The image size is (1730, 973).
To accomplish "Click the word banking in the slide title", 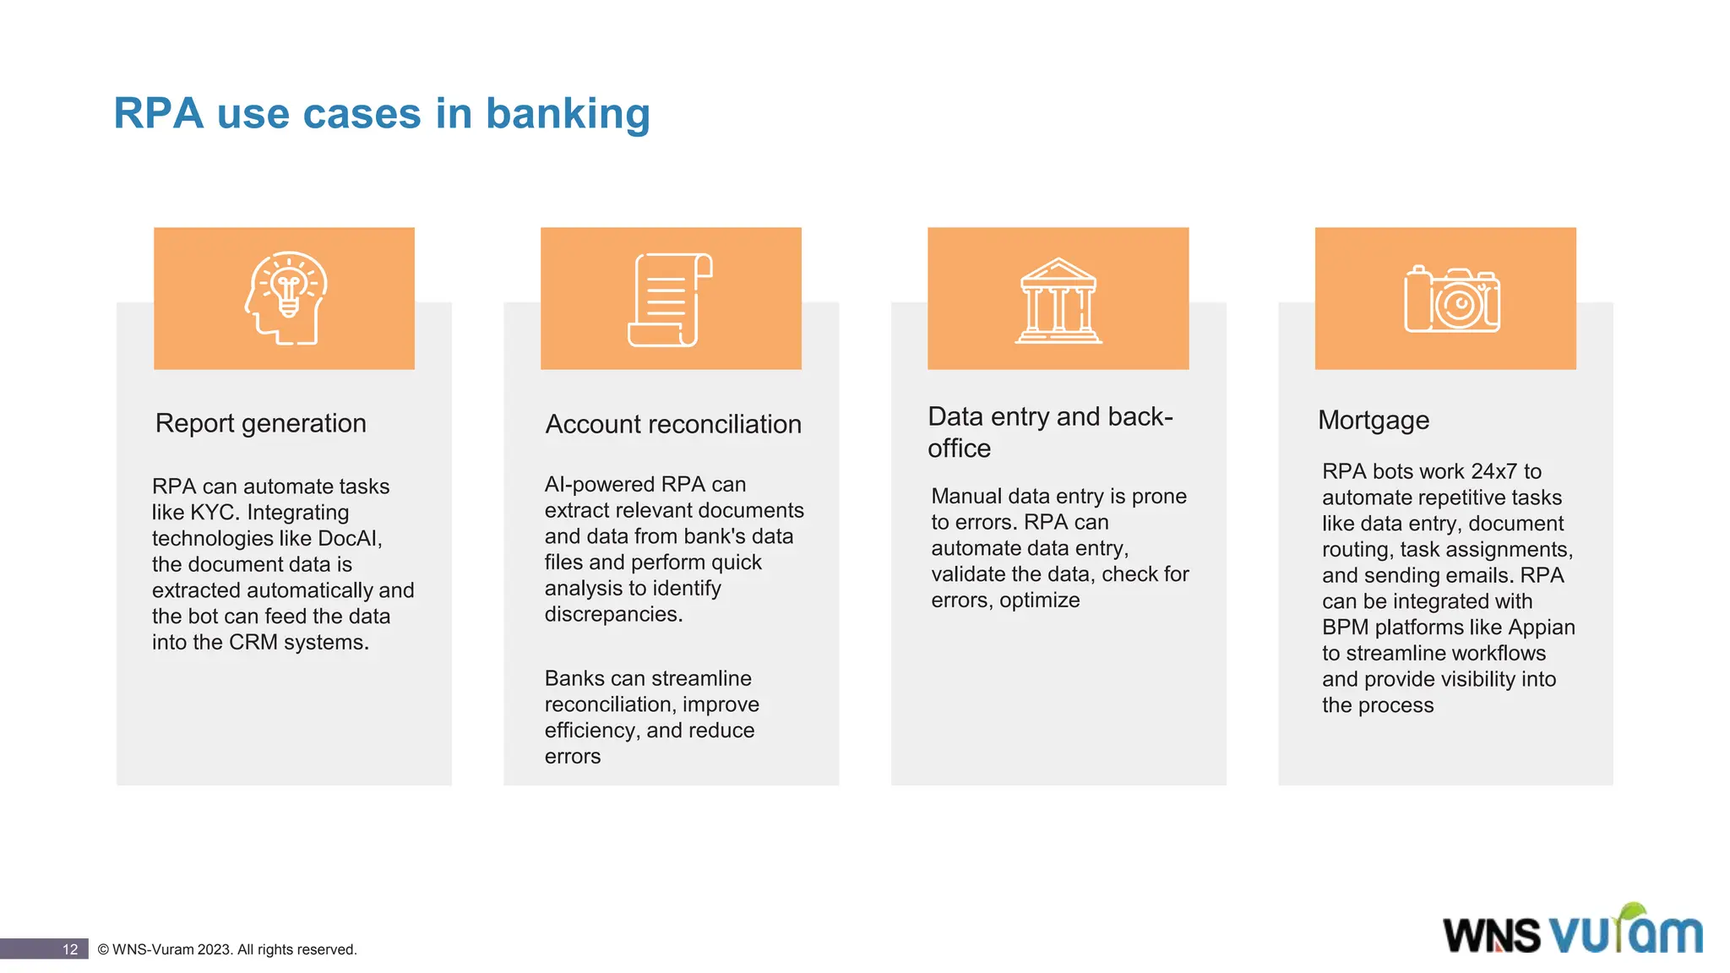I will [568, 114].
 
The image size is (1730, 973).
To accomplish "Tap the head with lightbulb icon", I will [286, 298].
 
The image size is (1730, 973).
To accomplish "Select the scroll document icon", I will [671, 300].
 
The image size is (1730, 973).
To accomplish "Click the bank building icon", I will [1058, 301].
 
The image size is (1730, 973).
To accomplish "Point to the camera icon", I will [1451, 301].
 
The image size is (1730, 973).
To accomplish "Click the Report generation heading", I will [260, 423].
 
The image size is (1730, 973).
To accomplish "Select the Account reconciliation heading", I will [673, 424].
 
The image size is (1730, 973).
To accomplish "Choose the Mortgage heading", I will [1374, 420].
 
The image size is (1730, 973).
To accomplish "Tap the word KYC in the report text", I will [212, 513].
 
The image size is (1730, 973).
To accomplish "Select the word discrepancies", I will [612, 615].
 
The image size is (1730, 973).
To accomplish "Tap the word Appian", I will [1542, 628].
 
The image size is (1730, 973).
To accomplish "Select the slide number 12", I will [70, 949].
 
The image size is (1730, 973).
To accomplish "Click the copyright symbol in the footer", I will [103, 949].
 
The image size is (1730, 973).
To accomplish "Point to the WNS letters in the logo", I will [1492, 936].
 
